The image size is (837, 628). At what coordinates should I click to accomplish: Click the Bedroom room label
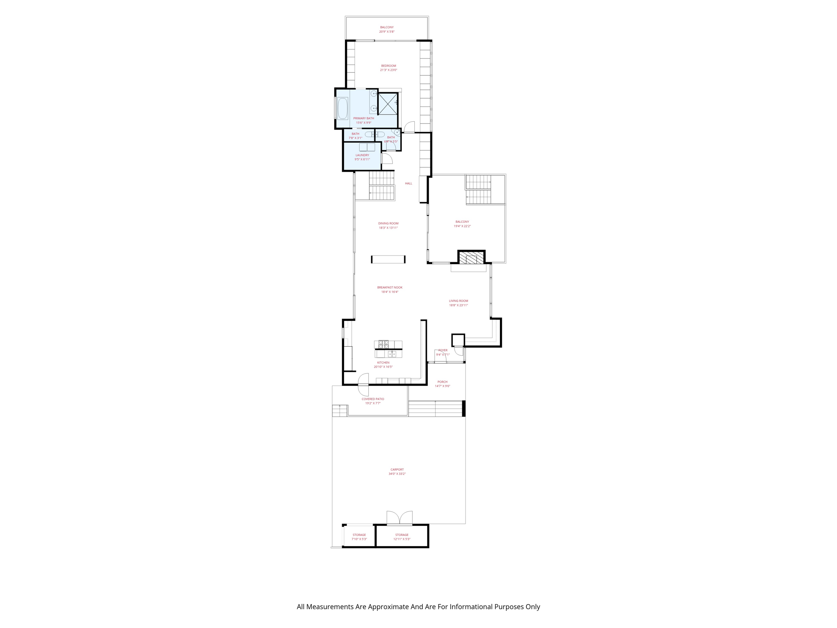tap(388, 66)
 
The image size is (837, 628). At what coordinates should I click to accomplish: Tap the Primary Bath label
tap(363, 119)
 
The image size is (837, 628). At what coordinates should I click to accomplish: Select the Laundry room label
tap(362, 155)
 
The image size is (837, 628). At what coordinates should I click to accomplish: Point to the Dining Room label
tap(388, 224)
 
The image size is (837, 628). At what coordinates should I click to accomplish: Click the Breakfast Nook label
tap(389, 287)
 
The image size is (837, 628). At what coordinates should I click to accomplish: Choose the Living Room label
tap(458, 301)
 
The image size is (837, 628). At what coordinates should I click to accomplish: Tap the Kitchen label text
tap(383, 363)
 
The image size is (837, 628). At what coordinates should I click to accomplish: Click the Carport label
tap(397, 470)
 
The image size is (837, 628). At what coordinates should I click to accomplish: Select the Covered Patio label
tap(373, 399)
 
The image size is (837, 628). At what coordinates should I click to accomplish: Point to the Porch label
tap(442, 382)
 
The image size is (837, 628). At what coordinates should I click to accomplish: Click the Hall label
tap(408, 184)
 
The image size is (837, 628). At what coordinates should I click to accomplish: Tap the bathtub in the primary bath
tap(342, 108)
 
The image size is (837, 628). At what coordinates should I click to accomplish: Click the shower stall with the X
tap(387, 104)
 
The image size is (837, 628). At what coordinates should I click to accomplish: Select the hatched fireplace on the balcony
tap(471, 258)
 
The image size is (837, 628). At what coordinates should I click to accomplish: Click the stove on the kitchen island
tap(383, 344)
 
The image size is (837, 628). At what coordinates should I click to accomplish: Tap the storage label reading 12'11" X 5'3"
tap(402, 539)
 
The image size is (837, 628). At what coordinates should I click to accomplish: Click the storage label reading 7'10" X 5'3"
tap(359, 539)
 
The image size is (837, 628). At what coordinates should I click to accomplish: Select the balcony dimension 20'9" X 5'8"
tap(387, 31)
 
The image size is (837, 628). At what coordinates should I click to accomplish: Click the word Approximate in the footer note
tap(388, 607)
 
